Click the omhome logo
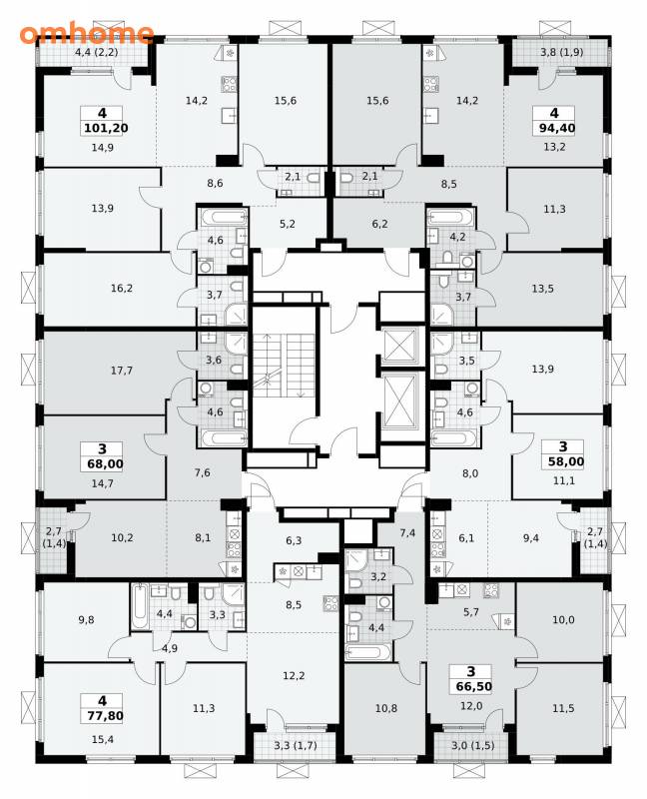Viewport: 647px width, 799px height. click(87, 34)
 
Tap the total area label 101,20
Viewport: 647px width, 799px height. click(106, 128)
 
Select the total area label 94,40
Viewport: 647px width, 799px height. click(557, 128)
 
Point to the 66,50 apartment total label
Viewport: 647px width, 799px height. click(474, 686)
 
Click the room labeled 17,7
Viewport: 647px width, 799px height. click(122, 371)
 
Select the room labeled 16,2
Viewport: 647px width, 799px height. click(122, 289)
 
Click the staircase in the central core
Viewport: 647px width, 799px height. click(283, 365)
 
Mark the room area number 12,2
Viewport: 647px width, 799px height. click(294, 676)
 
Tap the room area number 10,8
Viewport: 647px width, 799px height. click(386, 708)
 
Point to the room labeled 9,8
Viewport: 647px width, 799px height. click(87, 620)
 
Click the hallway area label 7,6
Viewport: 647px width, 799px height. click(203, 472)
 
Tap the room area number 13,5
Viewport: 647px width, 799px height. click(542, 289)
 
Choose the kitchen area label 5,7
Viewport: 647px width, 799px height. click(471, 612)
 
